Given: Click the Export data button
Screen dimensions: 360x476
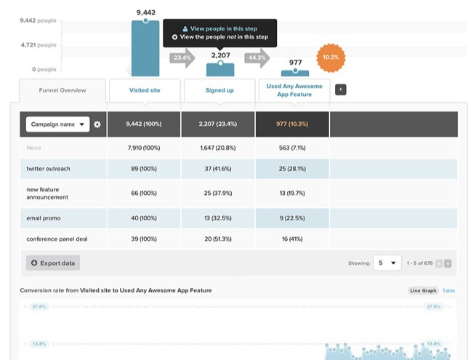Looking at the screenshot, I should (x=53, y=263).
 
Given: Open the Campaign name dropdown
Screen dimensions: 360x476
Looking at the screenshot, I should (x=57, y=124).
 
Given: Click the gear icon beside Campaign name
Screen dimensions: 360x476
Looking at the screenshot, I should (x=97, y=125).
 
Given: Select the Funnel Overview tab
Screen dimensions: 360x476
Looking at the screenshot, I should (x=62, y=90).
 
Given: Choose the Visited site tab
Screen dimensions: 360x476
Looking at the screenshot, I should (x=145, y=90).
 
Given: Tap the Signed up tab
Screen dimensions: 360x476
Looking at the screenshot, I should (x=220, y=90).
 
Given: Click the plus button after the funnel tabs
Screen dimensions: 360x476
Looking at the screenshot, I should (x=341, y=89).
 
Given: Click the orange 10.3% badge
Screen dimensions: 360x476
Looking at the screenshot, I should (x=330, y=57).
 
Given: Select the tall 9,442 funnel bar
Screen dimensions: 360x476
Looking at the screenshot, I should (x=145, y=48).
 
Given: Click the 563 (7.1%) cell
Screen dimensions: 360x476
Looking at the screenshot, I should (x=293, y=148).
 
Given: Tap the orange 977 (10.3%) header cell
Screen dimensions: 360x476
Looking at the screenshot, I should (x=293, y=124).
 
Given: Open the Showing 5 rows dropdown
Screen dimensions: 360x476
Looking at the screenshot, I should (x=388, y=263).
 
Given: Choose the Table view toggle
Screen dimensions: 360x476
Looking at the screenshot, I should (x=449, y=291).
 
